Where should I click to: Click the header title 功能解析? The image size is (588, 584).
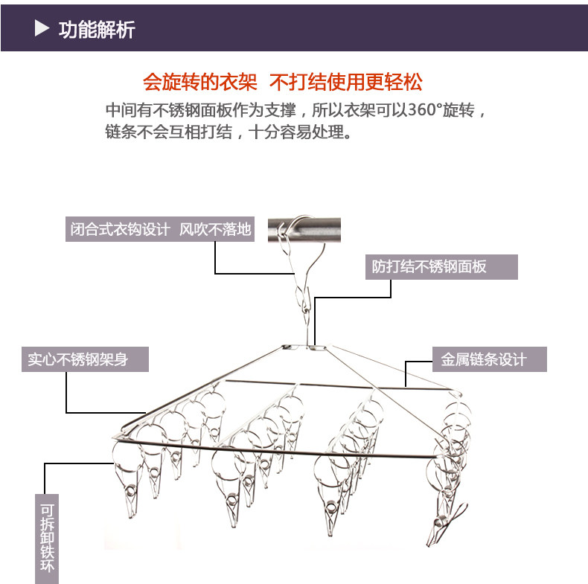(x=97, y=30)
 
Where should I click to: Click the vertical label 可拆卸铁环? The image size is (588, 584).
(x=47, y=536)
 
